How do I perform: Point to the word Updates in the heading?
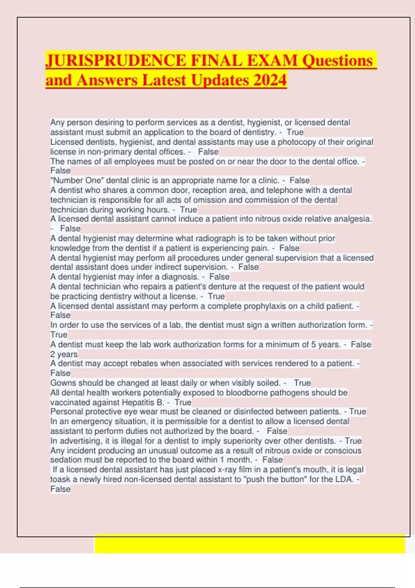220,80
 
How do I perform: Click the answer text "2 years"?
64,354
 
